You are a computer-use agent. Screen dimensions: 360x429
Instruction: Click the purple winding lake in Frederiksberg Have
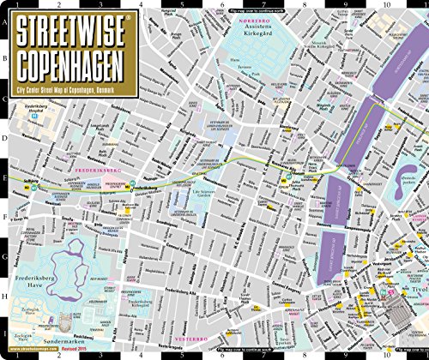pyautogui.click(x=56, y=261)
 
